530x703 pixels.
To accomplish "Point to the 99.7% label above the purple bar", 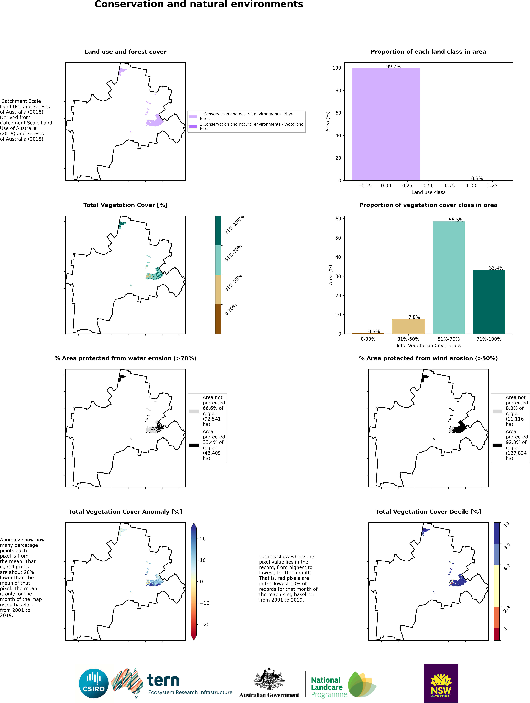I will pyautogui.click(x=393, y=66).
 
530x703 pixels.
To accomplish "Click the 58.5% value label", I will pyautogui.click(x=456, y=220).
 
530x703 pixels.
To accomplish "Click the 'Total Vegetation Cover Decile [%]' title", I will pyautogui.click(x=428, y=512).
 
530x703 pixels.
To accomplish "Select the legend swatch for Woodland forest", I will pyautogui.click(x=193, y=127).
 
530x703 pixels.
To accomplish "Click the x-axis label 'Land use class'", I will pyautogui.click(x=428, y=192).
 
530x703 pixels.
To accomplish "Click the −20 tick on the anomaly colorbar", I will pyautogui.click(x=205, y=625).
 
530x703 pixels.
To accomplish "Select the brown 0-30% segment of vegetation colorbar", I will pyautogui.click(x=218, y=319).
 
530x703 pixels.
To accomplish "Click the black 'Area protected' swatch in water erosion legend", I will pyautogui.click(x=194, y=445).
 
